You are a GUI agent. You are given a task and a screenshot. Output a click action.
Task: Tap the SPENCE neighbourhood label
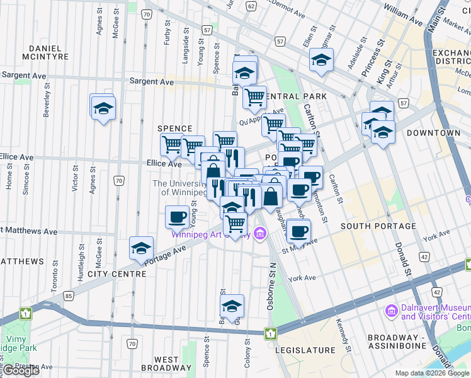pos(174,129)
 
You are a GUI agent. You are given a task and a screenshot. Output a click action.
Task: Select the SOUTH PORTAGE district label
pos(378,226)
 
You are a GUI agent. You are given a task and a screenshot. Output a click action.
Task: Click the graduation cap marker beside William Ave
pos(321,60)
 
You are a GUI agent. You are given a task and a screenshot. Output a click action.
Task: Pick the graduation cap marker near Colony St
pos(232,306)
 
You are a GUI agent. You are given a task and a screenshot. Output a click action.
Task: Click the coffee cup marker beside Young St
pos(177,217)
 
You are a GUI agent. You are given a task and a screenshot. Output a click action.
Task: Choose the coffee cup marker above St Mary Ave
pos(298,230)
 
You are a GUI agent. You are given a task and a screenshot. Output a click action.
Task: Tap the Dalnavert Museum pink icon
pos(391,311)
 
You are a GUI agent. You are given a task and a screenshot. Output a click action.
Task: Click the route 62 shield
pos(251,6)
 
